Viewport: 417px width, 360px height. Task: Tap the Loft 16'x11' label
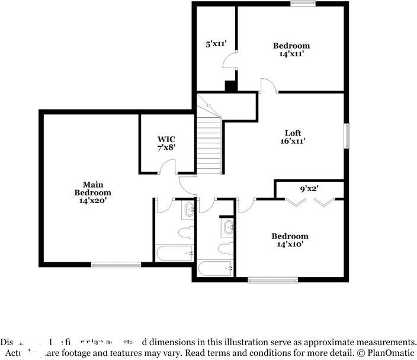point(293,137)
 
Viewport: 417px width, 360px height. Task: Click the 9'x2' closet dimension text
point(309,189)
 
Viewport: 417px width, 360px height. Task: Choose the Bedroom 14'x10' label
point(290,240)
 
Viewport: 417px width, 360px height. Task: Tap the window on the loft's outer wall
point(348,136)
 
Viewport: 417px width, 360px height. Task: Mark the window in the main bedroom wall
point(116,265)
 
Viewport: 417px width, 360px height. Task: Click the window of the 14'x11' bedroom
point(303,4)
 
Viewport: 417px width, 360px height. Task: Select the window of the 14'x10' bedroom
point(264,279)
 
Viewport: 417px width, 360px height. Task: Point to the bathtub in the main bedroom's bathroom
point(174,253)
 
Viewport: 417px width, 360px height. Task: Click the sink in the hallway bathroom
point(228,226)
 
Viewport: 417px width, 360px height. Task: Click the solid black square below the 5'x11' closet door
point(230,86)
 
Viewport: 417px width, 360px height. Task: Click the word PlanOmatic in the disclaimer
point(393,353)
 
